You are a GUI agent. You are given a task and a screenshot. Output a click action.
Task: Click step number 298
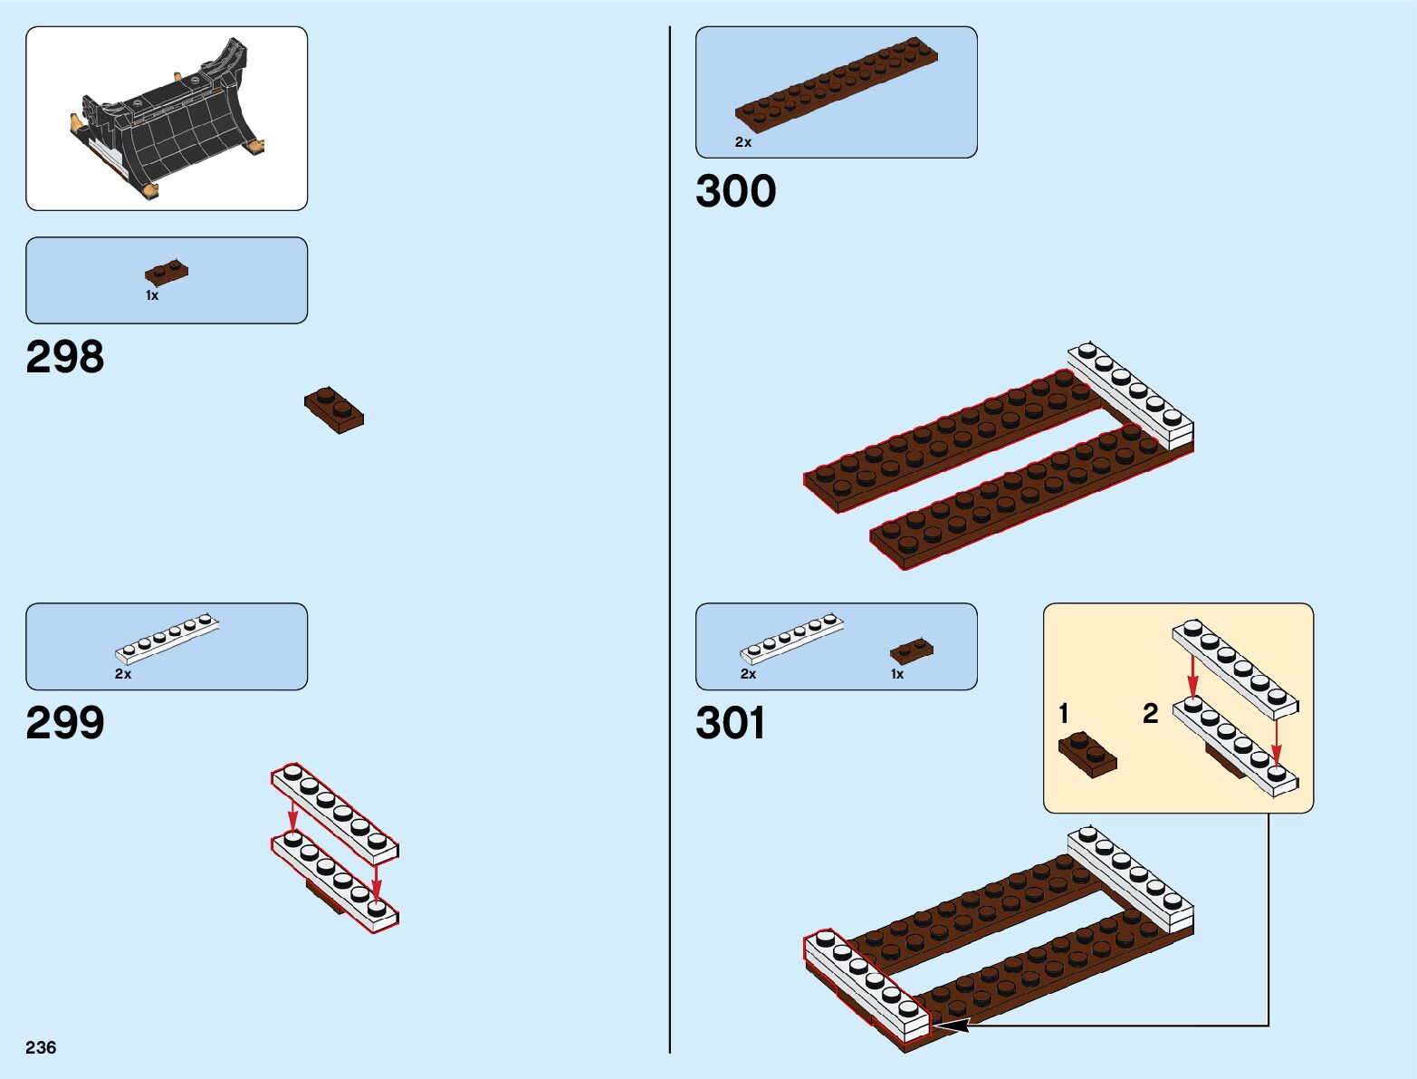(65, 357)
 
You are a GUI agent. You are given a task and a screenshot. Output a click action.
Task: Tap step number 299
(65, 722)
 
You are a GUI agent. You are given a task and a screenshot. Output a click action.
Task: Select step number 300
(735, 191)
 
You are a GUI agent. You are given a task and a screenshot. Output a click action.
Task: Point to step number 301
(731, 723)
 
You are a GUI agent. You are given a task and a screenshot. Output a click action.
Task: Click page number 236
(41, 1047)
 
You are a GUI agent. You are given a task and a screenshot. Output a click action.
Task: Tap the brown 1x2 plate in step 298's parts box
(167, 272)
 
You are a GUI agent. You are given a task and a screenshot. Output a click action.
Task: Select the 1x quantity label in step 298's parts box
(152, 295)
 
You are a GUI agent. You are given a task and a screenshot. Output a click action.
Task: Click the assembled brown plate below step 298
(334, 409)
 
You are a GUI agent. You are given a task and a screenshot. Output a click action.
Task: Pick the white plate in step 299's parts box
(168, 639)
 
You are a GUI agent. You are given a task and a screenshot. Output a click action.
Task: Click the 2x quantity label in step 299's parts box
(123, 674)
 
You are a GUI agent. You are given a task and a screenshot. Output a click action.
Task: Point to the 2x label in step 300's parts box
(743, 142)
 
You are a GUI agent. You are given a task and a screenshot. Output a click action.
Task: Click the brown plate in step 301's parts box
(912, 650)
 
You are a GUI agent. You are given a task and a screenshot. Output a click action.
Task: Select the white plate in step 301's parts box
(792, 639)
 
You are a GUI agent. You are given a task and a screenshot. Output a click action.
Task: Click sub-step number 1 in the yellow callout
(1064, 714)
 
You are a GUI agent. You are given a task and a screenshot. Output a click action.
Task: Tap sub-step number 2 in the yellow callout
(1150, 714)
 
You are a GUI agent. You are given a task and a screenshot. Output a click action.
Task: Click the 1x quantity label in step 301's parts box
(897, 674)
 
